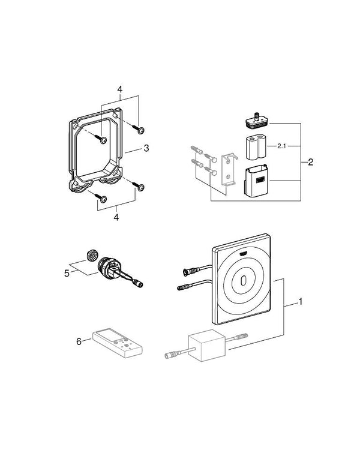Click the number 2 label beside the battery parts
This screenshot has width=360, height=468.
pos(310,162)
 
